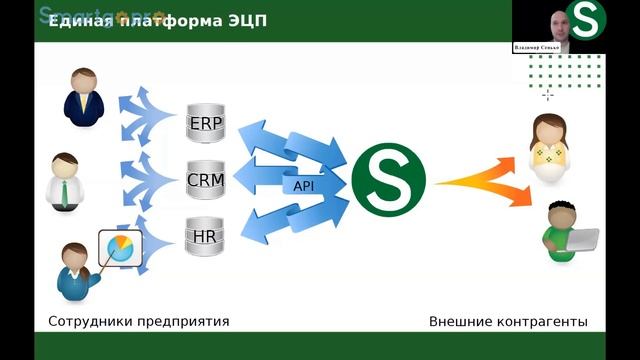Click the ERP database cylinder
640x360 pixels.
206,126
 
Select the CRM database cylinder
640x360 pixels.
206,180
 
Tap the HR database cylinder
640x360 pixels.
206,236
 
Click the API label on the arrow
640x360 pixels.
301,185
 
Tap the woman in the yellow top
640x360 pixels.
549,150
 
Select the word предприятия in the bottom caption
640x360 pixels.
185,322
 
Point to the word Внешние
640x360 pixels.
459,322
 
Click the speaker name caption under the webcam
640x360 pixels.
538,47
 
